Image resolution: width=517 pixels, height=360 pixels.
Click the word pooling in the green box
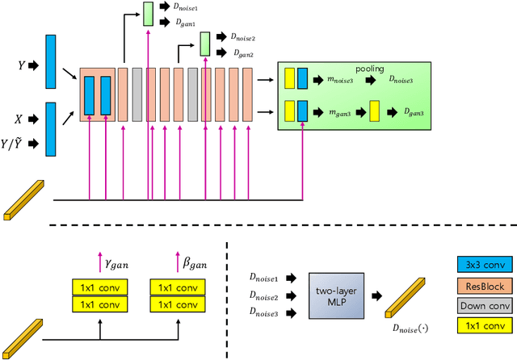pyautogui.click(x=371, y=69)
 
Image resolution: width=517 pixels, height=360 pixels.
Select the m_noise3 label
pyautogui.click(x=340, y=80)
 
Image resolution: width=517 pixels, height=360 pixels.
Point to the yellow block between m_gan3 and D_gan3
pyautogui.click(x=375, y=112)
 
